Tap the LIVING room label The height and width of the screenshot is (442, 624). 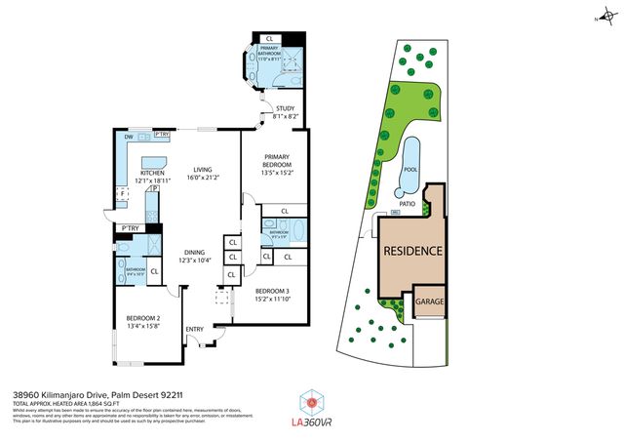click(202, 169)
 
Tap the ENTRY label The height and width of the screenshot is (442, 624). click(195, 329)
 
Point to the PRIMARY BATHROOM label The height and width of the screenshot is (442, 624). click(269, 54)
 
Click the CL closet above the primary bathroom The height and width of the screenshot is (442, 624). click(269, 38)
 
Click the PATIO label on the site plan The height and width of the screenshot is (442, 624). click(408, 204)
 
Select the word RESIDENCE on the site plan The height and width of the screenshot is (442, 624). click(412, 251)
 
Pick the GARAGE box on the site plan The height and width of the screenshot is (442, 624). click(430, 302)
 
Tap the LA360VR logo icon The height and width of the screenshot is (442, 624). click(311, 401)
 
